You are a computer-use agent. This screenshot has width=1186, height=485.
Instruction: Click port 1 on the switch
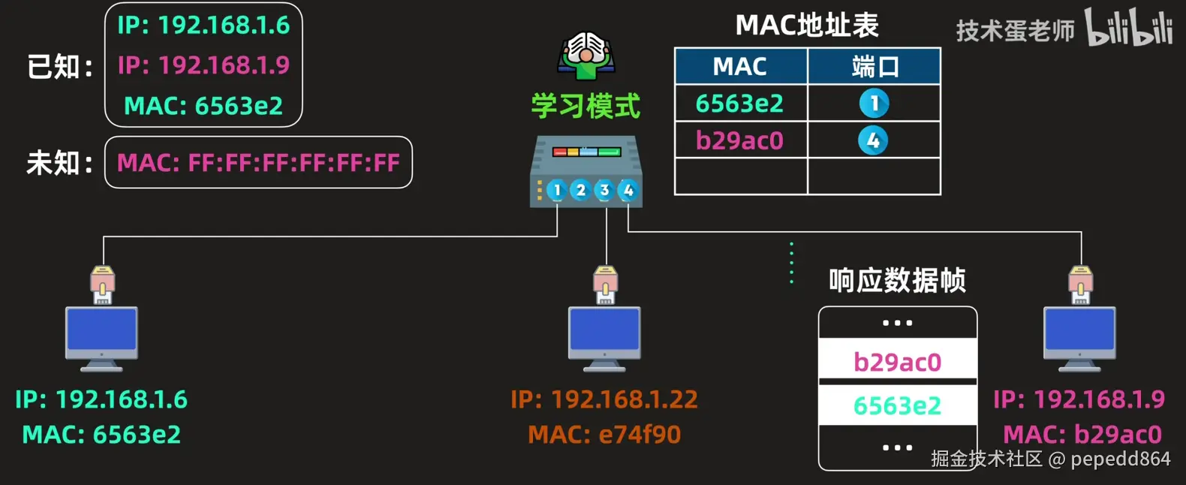(x=556, y=191)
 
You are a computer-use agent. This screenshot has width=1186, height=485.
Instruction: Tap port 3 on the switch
(x=604, y=191)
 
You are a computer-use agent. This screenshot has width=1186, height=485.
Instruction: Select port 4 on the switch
(x=628, y=191)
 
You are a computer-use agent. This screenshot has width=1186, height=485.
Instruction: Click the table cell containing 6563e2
(x=740, y=104)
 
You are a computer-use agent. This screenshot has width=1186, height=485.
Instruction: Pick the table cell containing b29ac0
(x=740, y=140)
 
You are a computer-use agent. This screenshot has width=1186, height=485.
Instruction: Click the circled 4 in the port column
(x=873, y=140)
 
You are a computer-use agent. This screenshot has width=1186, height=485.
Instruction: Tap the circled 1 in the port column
(x=874, y=104)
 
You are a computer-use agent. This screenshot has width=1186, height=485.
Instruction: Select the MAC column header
(x=740, y=67)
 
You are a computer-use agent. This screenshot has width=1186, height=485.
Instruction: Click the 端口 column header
(x=874, y=67)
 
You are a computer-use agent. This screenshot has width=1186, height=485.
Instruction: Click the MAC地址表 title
(x=807, y=26)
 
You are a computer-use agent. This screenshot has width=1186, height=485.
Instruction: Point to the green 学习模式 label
(x=585, y=106)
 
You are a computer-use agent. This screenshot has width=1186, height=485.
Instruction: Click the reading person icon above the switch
(x=586, y=55)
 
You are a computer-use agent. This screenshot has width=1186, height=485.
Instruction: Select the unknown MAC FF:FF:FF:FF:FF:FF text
(x=258, y=163)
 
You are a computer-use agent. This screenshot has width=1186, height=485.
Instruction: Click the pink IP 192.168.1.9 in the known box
(x=203, y=65)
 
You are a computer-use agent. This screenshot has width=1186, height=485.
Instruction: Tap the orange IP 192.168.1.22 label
(x=604, y=399)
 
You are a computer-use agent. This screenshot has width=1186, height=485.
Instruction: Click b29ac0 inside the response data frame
(x=897, y=363)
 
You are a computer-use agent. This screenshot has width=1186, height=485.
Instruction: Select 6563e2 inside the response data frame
(x=897, y=406)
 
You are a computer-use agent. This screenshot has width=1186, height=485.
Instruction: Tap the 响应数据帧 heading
(x=897, y=281)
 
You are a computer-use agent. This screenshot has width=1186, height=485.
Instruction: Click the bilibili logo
(x=1128, y=29)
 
